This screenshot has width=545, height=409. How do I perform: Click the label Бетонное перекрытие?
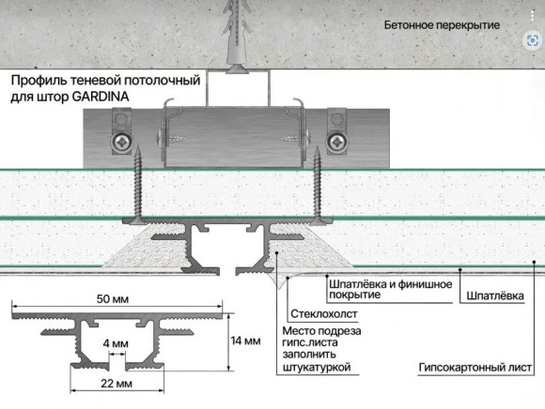(x=442, y=25)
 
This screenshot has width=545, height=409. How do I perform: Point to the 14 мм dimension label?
(x=245, y=341)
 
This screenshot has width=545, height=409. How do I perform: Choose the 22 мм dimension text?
(x=117, y=385)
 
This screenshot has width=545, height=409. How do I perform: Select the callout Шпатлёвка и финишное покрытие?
(x=390, y=289)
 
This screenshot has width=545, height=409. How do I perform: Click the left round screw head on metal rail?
(x=122, y=141)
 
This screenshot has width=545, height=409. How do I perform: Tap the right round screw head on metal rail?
(x=335, y=141)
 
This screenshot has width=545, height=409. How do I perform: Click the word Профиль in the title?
(x=36, y=82)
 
